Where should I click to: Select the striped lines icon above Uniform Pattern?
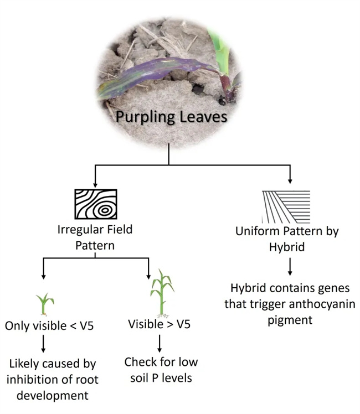tap(286, 206)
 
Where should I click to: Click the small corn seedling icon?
tap(44, 304)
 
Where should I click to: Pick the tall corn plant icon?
tap(160, 293)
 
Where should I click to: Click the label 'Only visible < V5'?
tap(49, 325)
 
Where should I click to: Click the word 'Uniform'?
tap(258, 232)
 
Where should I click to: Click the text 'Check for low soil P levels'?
tap(161, 370)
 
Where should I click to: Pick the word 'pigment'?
tap(290, 319)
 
